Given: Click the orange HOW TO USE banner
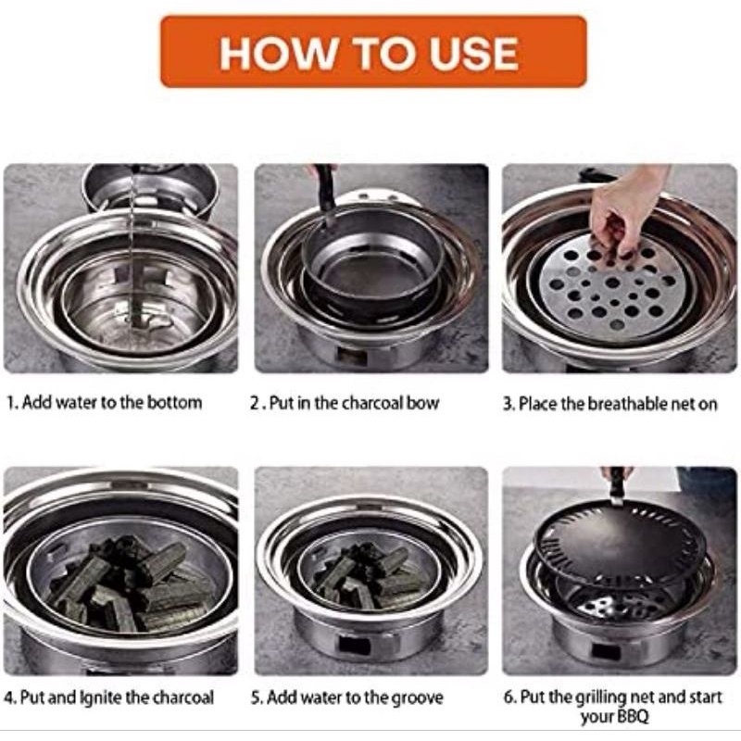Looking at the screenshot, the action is pos(373,52).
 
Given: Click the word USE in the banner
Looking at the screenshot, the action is pos(474,53).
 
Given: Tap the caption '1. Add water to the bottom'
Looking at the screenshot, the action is pos(105,403).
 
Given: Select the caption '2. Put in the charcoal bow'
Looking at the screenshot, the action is pos(345,403).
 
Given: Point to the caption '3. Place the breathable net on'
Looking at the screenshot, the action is pos(610,404).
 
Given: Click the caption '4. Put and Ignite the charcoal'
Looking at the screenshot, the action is pos(108,697).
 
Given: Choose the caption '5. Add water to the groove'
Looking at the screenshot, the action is pos(346,697).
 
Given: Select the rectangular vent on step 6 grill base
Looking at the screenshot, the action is pos(606,652).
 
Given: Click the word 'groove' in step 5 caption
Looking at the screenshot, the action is pos(416,698).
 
